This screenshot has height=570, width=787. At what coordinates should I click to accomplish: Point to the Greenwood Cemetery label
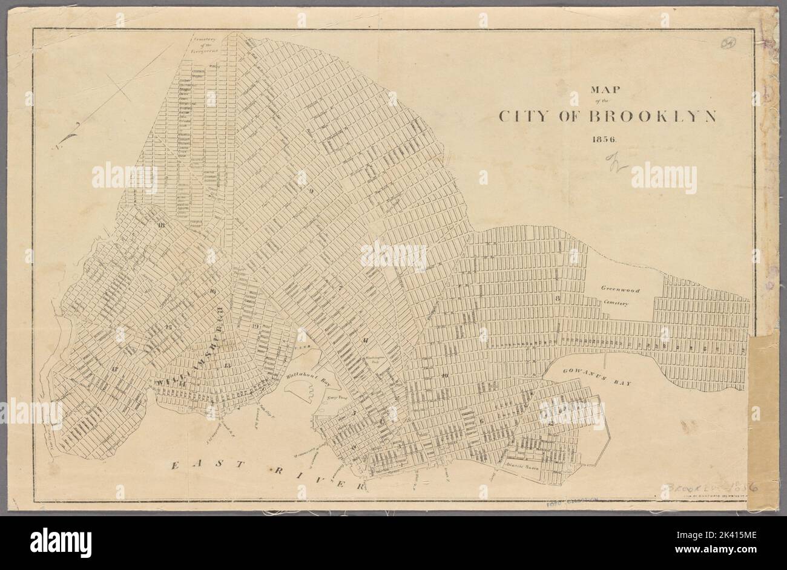619,295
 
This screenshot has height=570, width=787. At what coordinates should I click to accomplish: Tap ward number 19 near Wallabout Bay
255,327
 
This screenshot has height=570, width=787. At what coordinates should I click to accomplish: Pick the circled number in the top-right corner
730,45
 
